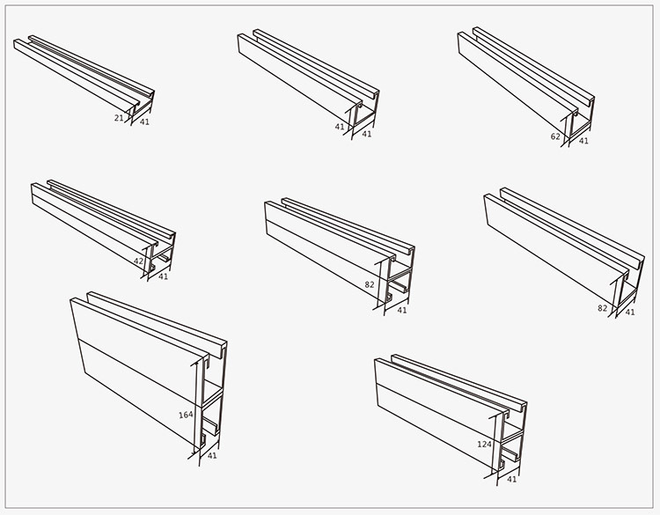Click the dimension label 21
(119, 118)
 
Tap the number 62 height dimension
(555, 136)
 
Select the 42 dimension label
(138, 261)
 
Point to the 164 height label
(186, 415)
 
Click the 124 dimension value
(485, 444)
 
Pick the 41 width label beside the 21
(144, 121)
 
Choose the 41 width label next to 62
(583, 141)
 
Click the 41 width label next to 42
(163, 276)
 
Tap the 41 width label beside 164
(212, 456)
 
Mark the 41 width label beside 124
(511, 479)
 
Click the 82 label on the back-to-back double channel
(370, 284)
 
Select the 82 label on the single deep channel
(602, 308)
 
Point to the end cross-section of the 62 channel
(583, 119)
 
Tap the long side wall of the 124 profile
(437, 413)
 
